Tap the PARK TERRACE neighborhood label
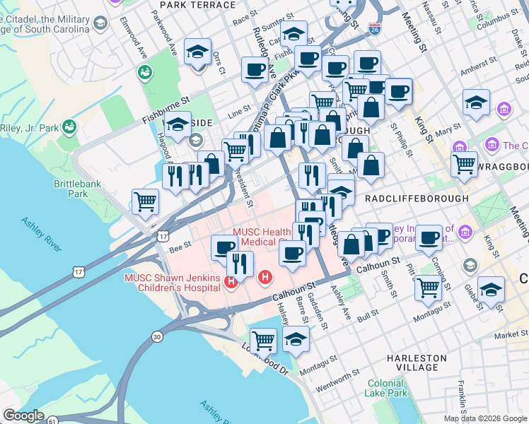pos(197,5)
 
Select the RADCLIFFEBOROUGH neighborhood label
pos(417,199)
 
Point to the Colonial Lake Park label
pos(387,388)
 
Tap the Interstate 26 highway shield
pos(375,29)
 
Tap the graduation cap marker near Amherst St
pos(476,102)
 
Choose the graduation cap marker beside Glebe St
pos(492,289)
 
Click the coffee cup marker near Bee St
pos(225,247)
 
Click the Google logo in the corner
pos(23,416)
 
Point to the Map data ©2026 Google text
pos(485,418)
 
